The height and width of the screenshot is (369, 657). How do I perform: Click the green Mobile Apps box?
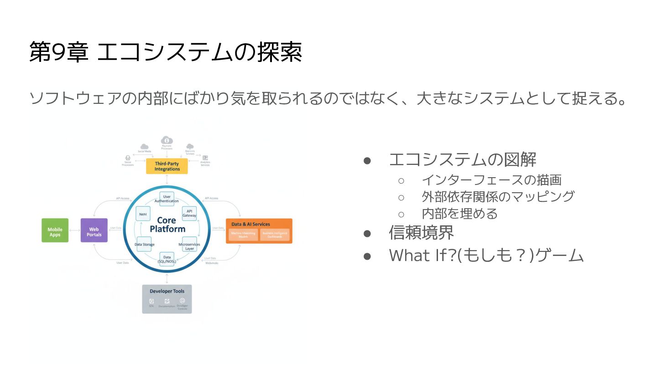pyautogui.click(x=55, y=230)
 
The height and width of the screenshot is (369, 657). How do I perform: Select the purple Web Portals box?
pyautogui.click(x=94, y=230)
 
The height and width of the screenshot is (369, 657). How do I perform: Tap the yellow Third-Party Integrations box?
pyautogui.click(x=167, y=166)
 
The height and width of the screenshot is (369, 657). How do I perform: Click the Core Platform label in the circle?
pyautogui.click(x=167, y=225)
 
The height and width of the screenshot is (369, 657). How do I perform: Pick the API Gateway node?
pyautogui.click(x=189, y=213)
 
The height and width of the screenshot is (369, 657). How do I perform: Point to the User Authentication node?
pyautogui.click(x=167, y=199)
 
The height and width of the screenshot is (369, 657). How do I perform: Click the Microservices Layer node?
pyautogui.click(x=189, y=244)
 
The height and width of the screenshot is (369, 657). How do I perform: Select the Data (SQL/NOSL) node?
pyautogui.click(x=167, y=258)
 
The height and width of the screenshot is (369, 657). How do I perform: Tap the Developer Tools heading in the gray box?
pyautogui.click(x=167, y=291)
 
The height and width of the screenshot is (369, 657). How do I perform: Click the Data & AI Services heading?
pyautogui.click(x=250, y=224)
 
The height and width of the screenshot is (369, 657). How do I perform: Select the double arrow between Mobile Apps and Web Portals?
pyautogui.click(x=74, y=230)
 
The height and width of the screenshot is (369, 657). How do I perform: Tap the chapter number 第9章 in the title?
pyautogui.click(x=58, y=52)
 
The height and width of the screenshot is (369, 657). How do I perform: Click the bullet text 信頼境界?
pyautogui.click(x=421, y=232)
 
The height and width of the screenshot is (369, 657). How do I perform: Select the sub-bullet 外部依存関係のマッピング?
pyautogui.click(x=498, y=196)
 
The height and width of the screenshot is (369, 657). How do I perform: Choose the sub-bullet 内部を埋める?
pyautogui.click(x=459, y=213)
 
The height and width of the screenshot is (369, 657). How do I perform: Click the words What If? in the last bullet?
pyautogui.click(x=422, y=256)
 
